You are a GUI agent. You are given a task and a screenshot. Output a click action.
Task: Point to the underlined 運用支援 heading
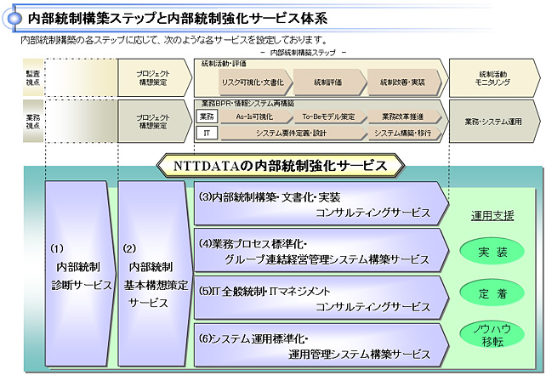click(493, 215)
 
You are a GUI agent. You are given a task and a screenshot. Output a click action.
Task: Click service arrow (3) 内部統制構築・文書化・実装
click(319, 203)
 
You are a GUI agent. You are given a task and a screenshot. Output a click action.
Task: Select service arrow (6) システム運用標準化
click(319, 345)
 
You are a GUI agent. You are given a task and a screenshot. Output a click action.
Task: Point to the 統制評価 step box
click(327, 82)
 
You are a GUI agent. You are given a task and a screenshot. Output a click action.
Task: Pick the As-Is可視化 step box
click(253, 116)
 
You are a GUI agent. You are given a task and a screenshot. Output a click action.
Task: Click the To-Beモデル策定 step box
click(327, 116)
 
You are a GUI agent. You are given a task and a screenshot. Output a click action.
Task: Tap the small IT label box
click(207, 134)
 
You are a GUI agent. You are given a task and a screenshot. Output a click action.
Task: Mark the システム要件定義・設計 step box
click(290, 134)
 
